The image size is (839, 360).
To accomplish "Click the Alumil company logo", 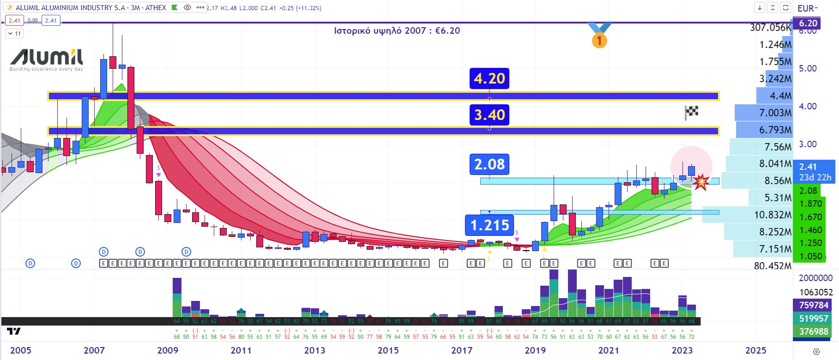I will (46, 60).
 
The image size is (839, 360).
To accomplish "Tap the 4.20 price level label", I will (489, 78).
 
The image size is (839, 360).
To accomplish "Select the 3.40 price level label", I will (489, 114).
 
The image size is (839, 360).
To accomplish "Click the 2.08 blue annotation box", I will (489, 164).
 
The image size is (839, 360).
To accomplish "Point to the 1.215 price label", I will (489, 225).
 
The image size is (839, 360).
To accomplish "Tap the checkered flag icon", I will (691, 112).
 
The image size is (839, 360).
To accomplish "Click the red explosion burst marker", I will (701, 182).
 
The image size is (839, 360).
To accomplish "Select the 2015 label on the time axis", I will (388, 350).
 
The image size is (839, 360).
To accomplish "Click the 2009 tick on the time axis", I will (168, 350).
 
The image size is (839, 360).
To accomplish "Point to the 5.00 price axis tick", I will (808, 68).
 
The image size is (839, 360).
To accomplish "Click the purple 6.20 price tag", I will (808, 23).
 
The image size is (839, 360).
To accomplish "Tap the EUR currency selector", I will (807, 8).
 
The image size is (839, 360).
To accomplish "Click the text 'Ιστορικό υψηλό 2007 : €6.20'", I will (397, 31).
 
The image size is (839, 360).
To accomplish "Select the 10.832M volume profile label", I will (773, 215).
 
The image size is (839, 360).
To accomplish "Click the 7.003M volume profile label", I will (775, 113).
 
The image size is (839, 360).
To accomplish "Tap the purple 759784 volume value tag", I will (814, 305).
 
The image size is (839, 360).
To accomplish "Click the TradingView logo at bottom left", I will (14, 331).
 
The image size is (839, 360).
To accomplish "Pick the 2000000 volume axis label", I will (815, 278).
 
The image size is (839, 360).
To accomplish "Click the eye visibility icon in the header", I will (187, 8).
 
